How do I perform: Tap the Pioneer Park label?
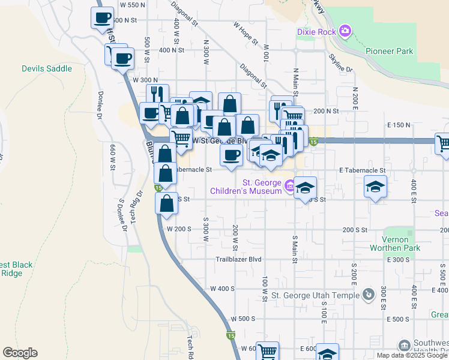pyautogui.click(x=389, y=51)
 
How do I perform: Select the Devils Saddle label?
pyautogui.click(x=47, y=68)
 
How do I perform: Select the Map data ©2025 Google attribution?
pyautogui.click(x=411, y=355)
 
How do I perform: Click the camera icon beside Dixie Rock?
pyautogui.click(x=345, y=30)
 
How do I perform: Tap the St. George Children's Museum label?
pyautogui.click(x=262, y=187)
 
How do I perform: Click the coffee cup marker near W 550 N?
pyautogui.click(x=102, y=17)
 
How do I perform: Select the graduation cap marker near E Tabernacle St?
pyautogui.click(x=375, y=188)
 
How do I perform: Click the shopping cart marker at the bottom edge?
pyautogui.click(x=267, y=352)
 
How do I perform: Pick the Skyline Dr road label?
pyautogui.click(x=340, y=63)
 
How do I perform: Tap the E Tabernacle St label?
pyautogui.click(x=362, y=170)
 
